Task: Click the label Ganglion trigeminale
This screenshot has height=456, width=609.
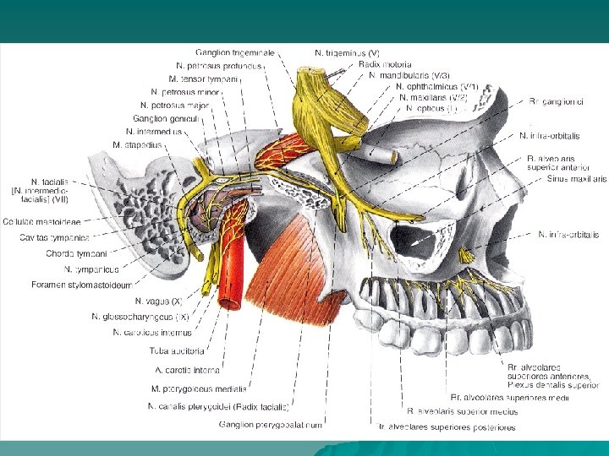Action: pos(234,52)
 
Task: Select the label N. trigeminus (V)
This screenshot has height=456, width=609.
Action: pos(347,52)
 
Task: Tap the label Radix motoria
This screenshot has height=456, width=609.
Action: pos(385,64)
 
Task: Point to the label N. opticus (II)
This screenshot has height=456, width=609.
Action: pos(431,108)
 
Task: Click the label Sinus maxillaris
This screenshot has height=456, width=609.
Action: pos(576,179)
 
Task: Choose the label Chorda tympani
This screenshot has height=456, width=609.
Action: pos(77,252)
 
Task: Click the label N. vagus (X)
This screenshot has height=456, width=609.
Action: pos(158,300)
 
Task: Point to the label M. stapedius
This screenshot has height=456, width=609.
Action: pos(137,144)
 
